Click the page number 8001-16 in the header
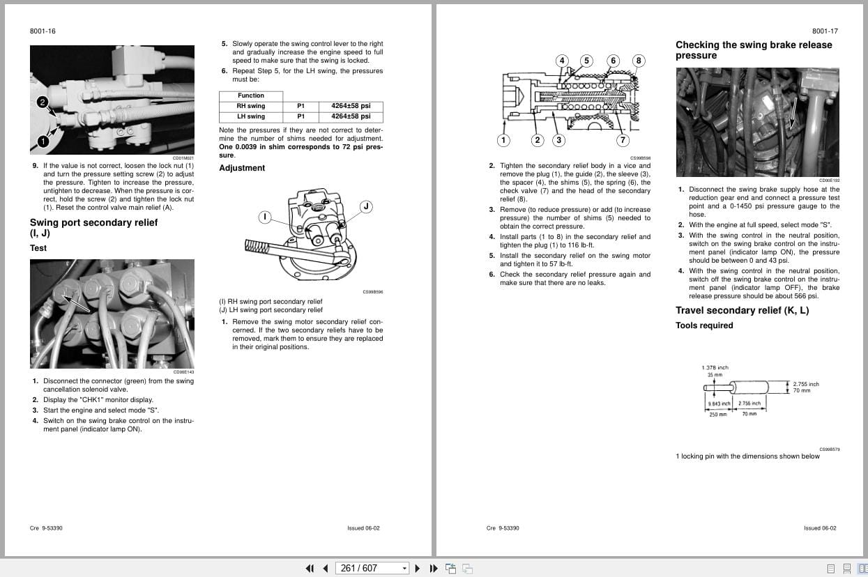click(x=43, y=31)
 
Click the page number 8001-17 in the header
click(x=825, y=31)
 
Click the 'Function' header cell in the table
click(x=251, y=95)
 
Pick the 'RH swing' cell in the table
click(x=251, y=106)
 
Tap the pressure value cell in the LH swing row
click(x=351, y=116)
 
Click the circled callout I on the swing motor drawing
click(x=265, y=217)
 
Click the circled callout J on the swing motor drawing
click(x=366, y=206)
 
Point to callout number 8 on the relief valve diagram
click(x=638, y=61)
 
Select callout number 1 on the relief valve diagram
click(x=504, y=140)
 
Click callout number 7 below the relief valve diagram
click(x=623, y=140)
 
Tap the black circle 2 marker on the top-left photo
click(x=42, y=102)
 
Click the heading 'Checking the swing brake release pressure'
click(x=754, y=50)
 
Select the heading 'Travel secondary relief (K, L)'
click(x=742, y=311)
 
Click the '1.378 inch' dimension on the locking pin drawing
click(x=715, y=367)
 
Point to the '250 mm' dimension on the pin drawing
click(x=717, y=415)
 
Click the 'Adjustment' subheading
click(x=242, y=168)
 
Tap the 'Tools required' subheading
click(x=704, y=325)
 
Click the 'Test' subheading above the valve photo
click(x=38, y=248)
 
